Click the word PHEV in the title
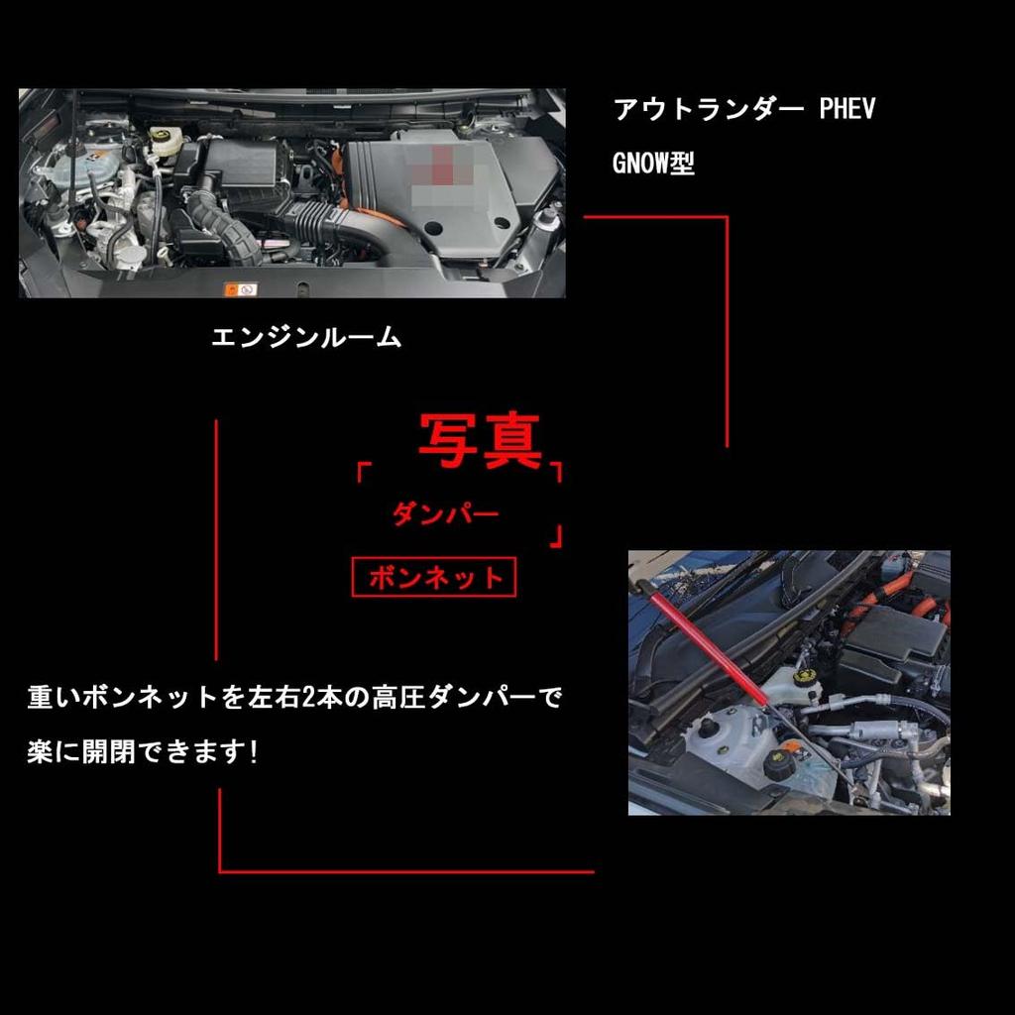847,109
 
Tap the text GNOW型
653,164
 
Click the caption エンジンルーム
306,337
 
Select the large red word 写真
480,441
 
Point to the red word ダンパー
445,513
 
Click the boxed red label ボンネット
434,577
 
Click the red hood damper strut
708,643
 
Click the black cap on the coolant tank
779,763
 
